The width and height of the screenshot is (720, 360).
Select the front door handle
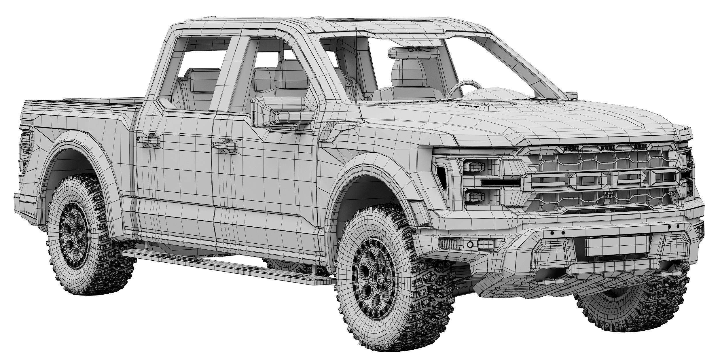pyautogui.click(x=225, y=145)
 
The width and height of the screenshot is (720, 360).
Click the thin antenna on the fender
pyautogui.click(x=356, y=66)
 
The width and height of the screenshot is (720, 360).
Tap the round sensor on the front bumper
pyautogui.click(x=470, y=245)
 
